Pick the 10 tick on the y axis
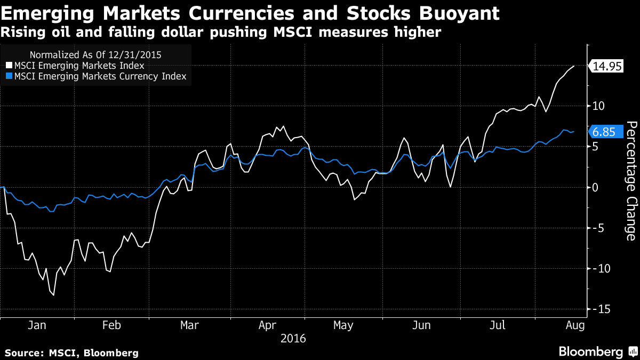599,106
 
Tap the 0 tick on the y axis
597,187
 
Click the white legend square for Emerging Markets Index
10,66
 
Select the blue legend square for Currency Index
10,76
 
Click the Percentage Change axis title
630,180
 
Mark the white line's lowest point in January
53,295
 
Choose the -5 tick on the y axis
599,228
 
